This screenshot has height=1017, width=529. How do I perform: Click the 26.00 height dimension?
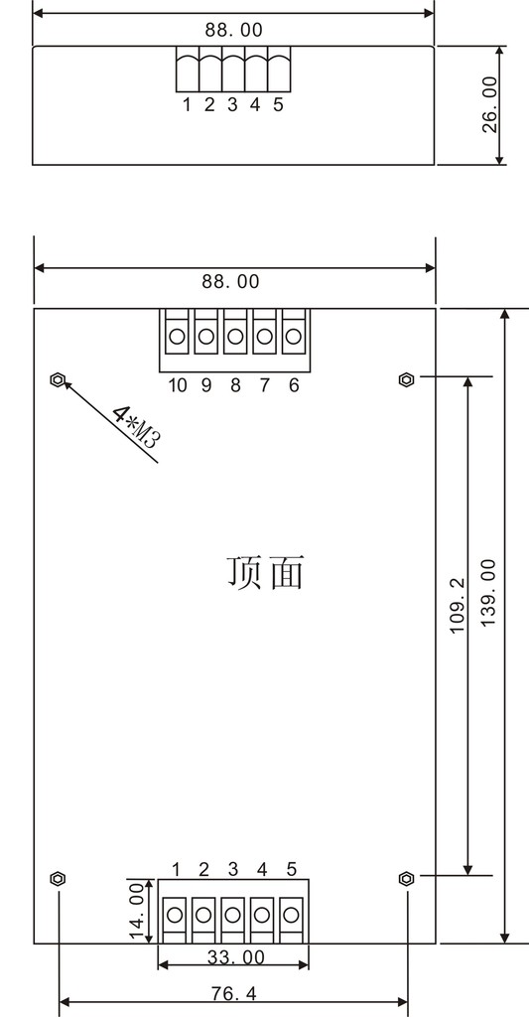490,104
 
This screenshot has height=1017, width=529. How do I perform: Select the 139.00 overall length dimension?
489,592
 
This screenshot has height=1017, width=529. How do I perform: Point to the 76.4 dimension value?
233,993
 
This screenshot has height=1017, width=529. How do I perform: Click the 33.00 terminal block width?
236,957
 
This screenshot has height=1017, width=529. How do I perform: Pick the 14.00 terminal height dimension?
136,910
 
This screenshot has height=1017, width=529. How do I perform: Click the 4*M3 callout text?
136,427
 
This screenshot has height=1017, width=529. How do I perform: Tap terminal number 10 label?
178,385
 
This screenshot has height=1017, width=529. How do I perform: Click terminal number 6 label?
294,385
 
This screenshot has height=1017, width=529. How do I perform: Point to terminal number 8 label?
235,385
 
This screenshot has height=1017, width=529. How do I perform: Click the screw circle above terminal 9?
206,337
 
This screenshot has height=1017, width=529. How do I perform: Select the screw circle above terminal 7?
264,337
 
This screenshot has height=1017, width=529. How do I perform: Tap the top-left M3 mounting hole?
58,379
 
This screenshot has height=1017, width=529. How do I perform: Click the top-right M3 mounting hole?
407,379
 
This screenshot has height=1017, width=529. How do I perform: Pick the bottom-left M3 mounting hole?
58,879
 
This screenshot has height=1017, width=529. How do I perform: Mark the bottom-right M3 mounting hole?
407,879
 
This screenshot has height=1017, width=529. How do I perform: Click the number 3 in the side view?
232,104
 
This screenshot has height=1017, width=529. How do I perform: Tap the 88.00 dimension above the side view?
234,30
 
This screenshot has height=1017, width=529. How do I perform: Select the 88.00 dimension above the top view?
230,281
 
